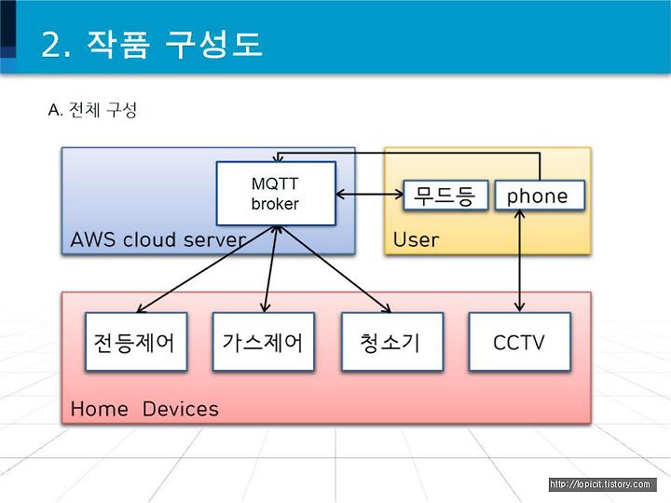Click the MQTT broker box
click(x=276, y=194)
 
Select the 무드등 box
click(x=445, y=196)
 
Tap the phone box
click(x=540, y=196)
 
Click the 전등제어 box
click(x=136, y=341)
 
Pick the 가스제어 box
click(x=263, y=341)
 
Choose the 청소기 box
click(x=392, y=341)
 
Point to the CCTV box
click(x=519, y=341)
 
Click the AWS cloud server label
click(x=157, y=239)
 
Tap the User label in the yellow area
click(x=416, y=240)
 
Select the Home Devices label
click(x=144, y=409)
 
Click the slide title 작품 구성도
click(x=174, y=44)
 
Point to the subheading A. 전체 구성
click(x=92, y=110)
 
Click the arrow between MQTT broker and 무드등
click(x=370, y=195)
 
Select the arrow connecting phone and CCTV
click(x=519, y=261)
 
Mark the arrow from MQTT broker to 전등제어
click(x=207, y=269)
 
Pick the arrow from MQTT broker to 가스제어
click(x=271, y=269)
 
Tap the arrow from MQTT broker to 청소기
click(x=335, y=269)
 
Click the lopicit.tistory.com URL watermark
click(x=602, y=484)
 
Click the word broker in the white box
click(x=275, y=204)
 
